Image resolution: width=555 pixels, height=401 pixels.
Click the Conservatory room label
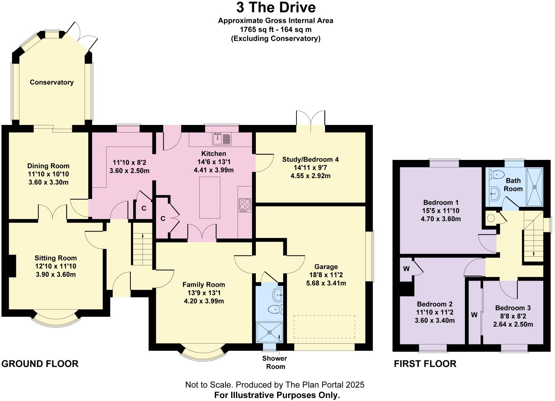(52, 82)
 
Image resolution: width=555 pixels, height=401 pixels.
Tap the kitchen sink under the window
(222, 139)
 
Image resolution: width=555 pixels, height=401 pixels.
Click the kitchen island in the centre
(209, 197)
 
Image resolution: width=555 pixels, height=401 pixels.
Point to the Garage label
(326, 267)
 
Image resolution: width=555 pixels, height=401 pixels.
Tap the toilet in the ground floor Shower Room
(275, 309)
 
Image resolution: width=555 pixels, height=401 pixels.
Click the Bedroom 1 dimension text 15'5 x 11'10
(441, 211)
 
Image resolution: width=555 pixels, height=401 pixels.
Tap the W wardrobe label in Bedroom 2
(406, 269)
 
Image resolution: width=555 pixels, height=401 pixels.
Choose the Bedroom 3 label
(513, 308)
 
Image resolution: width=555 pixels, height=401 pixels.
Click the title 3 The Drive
(276, 8)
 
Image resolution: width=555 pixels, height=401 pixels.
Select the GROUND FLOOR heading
(40, 364)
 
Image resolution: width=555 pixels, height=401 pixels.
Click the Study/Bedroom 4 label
(310, 159)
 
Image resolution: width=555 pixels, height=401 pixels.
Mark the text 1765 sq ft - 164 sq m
(276, 30)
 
